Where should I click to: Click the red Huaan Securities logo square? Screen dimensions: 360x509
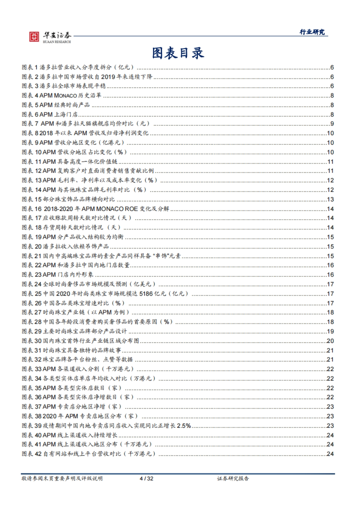(x=34, y=37)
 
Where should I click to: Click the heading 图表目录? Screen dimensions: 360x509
(x=178, y=53)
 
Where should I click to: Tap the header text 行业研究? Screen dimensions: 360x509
(x=312, y=32)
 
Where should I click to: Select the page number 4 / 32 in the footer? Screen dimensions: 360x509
(x=146, y=478)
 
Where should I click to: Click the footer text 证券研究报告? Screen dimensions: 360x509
(x=233, y=478)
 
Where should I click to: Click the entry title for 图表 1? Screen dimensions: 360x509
(x=78, y=67)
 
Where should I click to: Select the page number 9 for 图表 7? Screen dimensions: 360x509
(x=332, y=124)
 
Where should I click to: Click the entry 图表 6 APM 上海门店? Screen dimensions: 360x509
(x=50, y=114)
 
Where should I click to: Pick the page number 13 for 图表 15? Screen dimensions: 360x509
(x=330, y=199)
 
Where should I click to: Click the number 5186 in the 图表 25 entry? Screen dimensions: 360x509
(x=146, y=293)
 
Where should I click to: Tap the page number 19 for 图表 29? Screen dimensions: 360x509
(x=330, y=331)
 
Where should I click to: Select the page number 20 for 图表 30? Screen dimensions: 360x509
(x=330, y=341)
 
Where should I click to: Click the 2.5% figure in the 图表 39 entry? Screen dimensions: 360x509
(x=184, y=426)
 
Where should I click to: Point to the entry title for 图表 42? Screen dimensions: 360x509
(x=89, y=454)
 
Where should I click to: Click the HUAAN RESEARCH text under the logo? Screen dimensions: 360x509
(x=57, y=42)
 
